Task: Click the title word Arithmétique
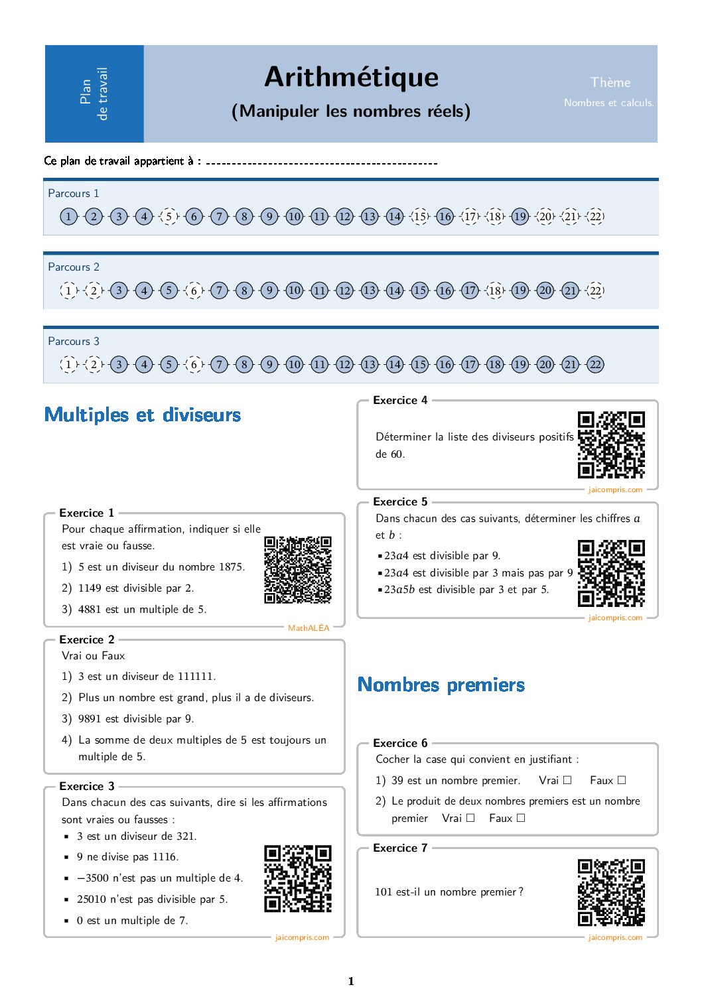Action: pos(351,77)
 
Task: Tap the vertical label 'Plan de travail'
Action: pos(94,94)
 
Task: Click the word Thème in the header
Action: pos(610,82)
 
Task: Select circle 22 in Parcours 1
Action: pos(596,216)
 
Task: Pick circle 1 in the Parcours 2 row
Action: pos(68,291)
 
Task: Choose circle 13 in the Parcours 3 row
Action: pos(370,364)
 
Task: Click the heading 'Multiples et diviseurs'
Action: pos(143,415)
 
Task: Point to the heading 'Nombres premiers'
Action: pos(441,685)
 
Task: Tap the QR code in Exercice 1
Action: pos(297,570)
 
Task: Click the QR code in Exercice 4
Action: pos(611,444)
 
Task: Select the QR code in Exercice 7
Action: pos(611,892)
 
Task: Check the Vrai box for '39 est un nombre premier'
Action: pos(567,780)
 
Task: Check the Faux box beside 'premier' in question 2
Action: pos(521,818)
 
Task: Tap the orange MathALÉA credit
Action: pos(309,628)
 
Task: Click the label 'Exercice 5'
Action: pos(400,502)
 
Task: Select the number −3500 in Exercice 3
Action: pos(93,878)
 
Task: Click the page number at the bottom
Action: pos(351,981)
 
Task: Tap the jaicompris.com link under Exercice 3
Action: pos(302,937)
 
